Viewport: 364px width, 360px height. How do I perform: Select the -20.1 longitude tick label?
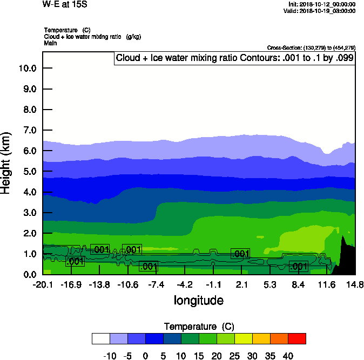42,284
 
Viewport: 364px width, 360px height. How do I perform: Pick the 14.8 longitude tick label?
355,284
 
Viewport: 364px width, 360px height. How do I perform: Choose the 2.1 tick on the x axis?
241,284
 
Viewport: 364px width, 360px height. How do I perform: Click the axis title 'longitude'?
198,300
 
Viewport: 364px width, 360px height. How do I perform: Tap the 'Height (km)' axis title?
6,163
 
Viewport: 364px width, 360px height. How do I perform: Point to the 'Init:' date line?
322,4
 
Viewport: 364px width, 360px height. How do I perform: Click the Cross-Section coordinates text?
311,47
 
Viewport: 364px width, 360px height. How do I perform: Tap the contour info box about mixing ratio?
234,58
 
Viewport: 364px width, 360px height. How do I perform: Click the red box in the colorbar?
296,338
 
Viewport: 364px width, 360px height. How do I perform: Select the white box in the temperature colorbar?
101,338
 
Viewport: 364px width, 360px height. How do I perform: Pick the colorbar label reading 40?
287,356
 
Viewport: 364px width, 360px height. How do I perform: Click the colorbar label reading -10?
110,356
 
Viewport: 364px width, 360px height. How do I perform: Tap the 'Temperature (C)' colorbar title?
198,327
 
